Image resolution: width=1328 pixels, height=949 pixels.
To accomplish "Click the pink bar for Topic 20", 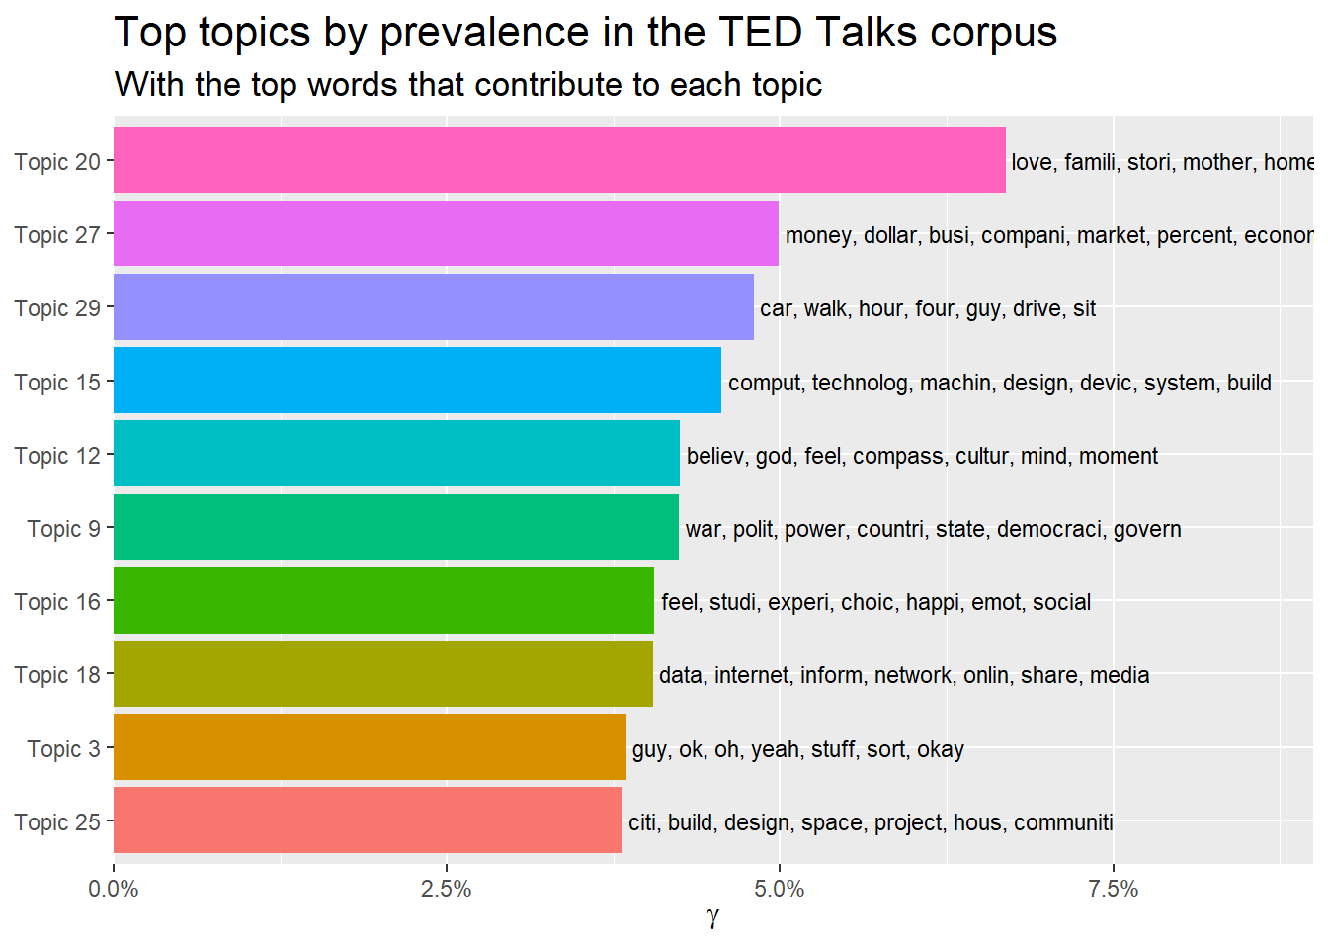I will pyautogui.click(x=559, y=160).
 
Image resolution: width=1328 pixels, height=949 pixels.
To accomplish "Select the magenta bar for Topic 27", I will pyautogui.click(x=446, y=233).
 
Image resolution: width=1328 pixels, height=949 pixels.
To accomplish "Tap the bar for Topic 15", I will pyautogui.click(x=417, y=380).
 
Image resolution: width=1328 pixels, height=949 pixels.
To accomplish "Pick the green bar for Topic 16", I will pyautogui.click(x=383, y=600).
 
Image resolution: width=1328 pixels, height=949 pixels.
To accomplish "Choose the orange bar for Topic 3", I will pyautogui.click(x=370, y=747).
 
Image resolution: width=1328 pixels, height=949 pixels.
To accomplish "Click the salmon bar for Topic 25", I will pyautogui.click(x=368, y=820).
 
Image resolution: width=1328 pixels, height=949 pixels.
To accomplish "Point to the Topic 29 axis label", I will pyautogui.click(x=57, y=308).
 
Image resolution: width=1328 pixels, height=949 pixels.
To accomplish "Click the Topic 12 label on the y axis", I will pyautogui.click(x=57, y=456).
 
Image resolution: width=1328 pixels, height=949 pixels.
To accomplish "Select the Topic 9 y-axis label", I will pyautogui.click(x=63, y=529).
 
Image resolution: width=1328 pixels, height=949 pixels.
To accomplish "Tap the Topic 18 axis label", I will pyautogui.click(x=57, y=675).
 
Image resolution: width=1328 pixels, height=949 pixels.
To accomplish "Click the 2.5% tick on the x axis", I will pyautogui.click(x=447, y=889).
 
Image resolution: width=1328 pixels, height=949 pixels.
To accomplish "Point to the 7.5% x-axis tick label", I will pyautogui.click(x=1113, y=889).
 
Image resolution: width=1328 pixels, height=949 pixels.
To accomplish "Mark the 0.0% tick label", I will pyautogui.click(x=114, y=889).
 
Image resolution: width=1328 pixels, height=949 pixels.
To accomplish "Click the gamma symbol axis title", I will pyautogui.click(x=713, y=918).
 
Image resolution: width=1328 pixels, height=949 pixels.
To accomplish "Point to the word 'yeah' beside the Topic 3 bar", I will pyautogui.click(x=775, y=749).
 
